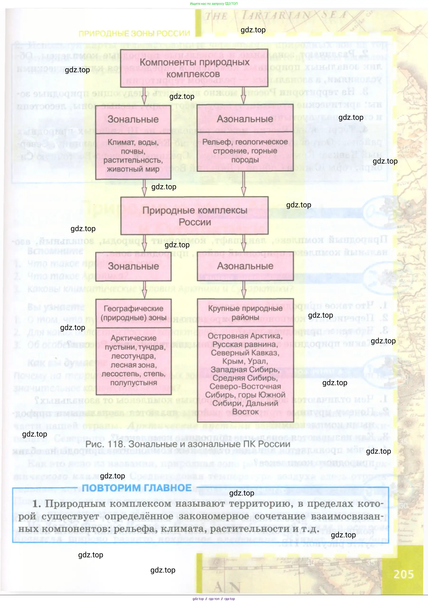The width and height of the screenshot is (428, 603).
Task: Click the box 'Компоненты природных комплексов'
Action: [x=194, y=68]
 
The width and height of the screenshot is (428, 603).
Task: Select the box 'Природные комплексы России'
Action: [x=195, y=216]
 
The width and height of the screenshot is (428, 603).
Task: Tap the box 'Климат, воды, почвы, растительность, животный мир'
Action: [x=133, y=156]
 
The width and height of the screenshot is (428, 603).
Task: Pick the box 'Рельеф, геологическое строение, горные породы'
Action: [x=245, y=151]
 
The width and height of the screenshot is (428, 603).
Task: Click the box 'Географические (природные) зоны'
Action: [x=133, y=313]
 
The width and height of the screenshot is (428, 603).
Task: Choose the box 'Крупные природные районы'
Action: [x=245, y=313]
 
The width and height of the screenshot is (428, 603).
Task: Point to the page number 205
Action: [x=403, y=574]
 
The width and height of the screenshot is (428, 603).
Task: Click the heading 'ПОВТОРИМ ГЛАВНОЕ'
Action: [x=137, y=488]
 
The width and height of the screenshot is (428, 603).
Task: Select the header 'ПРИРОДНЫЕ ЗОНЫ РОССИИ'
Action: [x=134, y=34]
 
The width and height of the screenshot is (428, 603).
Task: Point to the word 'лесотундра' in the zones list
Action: [x=133, y=356]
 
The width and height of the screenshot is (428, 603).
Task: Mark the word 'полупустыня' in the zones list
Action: [x=133, y=383]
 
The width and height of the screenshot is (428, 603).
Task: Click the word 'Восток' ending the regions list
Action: [x=245, y=412]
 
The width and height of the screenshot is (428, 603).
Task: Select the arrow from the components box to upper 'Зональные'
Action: [x=144, y=96]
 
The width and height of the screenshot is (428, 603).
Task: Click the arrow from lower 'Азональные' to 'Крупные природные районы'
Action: [x=243, y=289]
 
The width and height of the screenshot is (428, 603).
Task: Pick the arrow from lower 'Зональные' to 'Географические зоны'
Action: [x=144, y=290]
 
